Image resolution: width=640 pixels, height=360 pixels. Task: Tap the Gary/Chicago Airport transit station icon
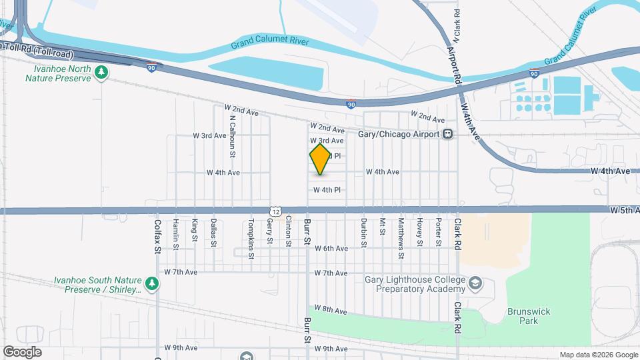point(448,134)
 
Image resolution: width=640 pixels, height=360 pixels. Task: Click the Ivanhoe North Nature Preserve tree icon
point(101,72)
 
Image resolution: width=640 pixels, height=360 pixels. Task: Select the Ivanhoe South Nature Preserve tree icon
point(153,285)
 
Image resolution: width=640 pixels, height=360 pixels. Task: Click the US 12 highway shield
point(275,210)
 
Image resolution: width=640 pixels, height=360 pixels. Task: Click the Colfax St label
point(158,237)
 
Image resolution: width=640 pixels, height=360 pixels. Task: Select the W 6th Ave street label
point(331,249)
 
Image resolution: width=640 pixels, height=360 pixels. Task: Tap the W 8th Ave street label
point(331,310)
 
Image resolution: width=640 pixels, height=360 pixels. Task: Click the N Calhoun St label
point(232,137)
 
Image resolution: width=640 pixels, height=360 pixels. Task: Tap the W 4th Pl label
point(327,190)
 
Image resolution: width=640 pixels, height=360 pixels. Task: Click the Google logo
point(22,352)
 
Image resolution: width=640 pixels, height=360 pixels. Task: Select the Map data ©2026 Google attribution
point(598,355)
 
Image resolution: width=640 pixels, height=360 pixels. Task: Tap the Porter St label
point(439,231)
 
